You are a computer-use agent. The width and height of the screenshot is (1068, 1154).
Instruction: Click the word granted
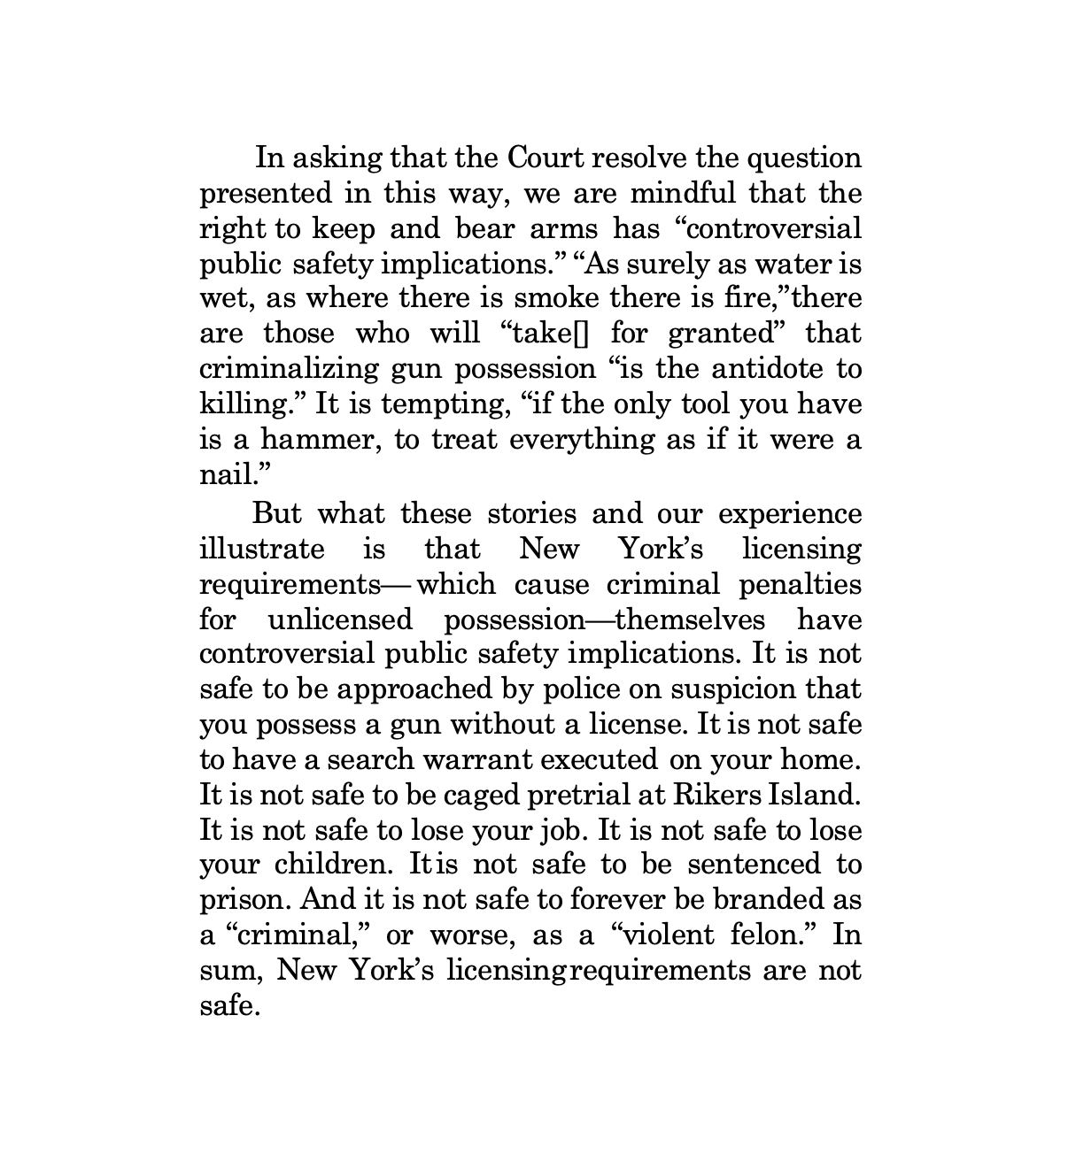click(728, 334)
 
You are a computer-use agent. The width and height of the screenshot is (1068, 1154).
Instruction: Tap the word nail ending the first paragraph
click(221, 474)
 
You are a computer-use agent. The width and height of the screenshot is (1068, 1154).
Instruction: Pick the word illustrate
click(262, 549)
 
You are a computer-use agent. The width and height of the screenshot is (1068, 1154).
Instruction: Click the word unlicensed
click(340, 619)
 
